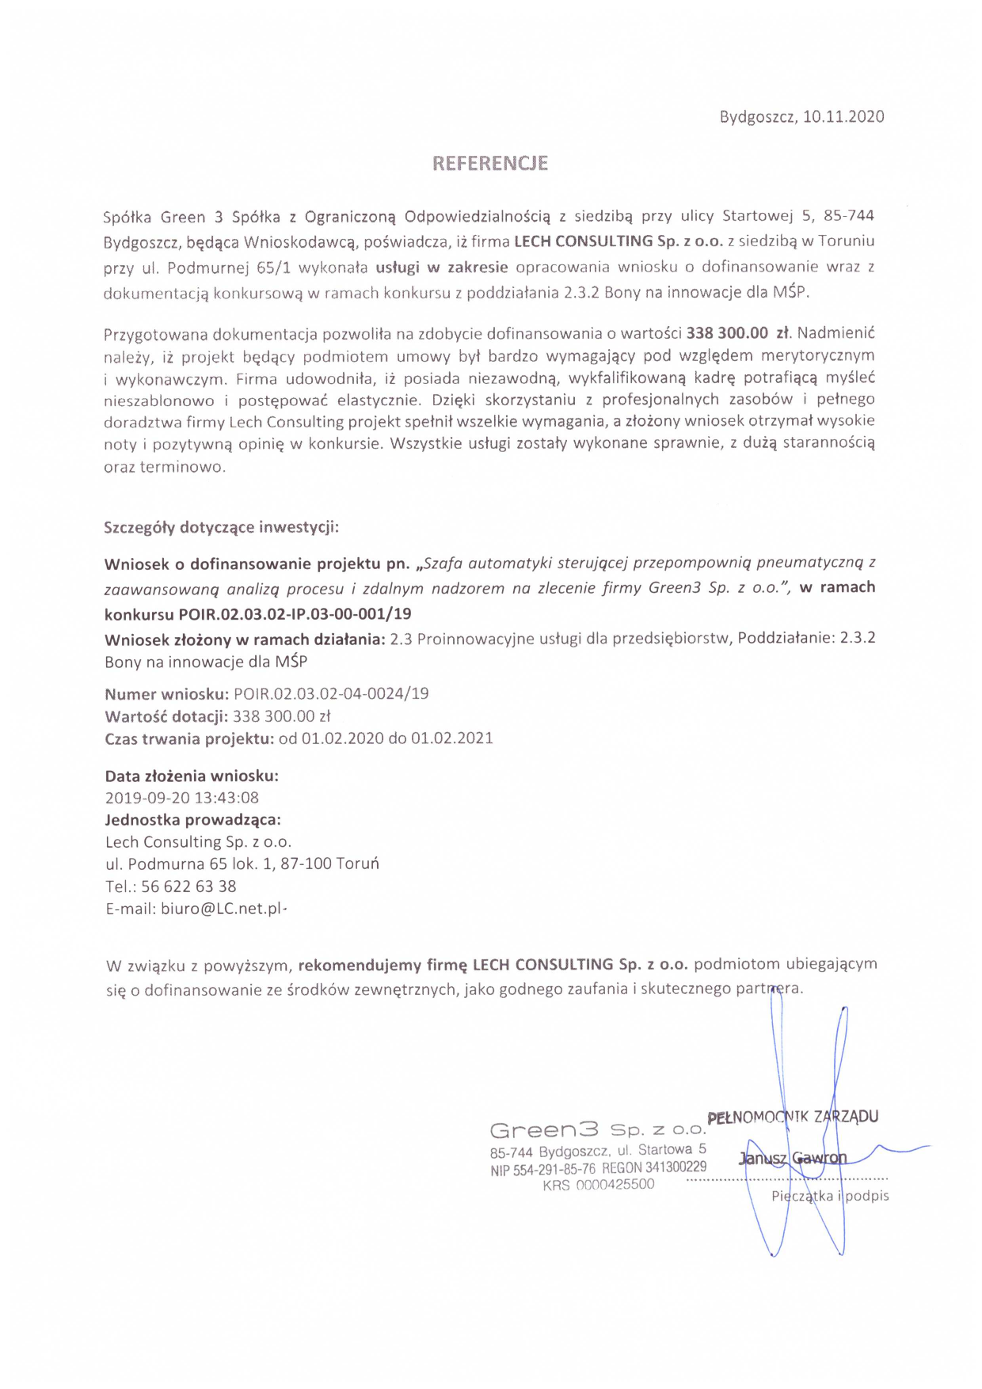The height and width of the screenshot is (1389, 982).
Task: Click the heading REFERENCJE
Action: click(x=490, y=163)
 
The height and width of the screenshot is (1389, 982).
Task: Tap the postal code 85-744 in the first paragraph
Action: click(x=849, y=215)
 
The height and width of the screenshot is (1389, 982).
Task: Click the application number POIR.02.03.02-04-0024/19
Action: click(x=331, y=694)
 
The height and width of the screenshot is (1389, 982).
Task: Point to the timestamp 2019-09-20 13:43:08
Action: click(x=182, y=798)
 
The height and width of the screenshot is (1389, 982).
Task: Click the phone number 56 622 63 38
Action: click(x=188, y=886)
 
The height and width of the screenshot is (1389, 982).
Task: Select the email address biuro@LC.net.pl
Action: click(x=222, y=909)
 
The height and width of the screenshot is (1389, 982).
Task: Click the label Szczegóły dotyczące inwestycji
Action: click(x=221, y=527)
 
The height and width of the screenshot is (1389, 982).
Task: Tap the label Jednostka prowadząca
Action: click(x=192, y=820)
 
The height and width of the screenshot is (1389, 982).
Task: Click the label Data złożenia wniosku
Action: click(x=192, y=776)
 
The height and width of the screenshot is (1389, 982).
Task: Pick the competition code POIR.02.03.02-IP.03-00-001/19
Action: click(x=295, y=613)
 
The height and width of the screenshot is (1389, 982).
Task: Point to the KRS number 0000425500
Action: click(x=615, y=1185)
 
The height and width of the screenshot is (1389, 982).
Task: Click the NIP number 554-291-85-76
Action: click(x=554, y=1169)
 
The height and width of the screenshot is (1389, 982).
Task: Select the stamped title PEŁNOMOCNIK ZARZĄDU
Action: click(x=792, y=1118)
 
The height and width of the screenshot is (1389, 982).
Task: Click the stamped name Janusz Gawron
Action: click(x=793, y=1159)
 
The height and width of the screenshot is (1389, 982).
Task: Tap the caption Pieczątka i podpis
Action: click(x=830, y=1196)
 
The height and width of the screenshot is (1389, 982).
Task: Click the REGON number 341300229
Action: click(x=676, y=1167)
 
